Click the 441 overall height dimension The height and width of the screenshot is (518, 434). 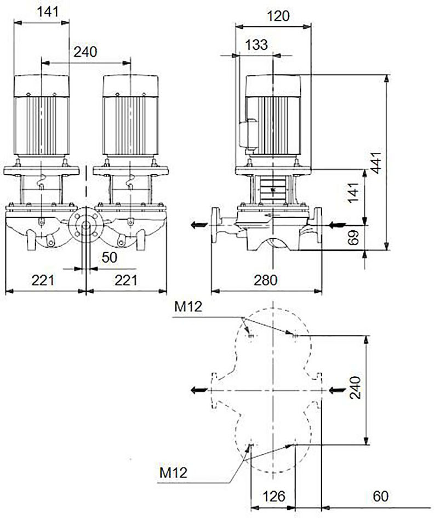click(x=376, y=163)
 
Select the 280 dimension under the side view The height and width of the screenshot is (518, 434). click(x=266, y=281)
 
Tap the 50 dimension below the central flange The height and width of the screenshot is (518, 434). click(x=110, y=258)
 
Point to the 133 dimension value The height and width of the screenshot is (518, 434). click(x=256, y=45)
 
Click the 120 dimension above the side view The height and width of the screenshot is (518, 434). click(x=278, y=16)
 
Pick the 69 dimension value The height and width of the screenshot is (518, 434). click(x=353, y=237)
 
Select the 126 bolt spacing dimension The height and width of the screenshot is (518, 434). click(x=274, y=496)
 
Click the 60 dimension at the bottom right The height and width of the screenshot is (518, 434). click(x=381, y=496)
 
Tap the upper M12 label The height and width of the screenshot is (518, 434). click(x=188, y=307)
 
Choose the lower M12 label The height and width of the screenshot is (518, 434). click(x=173, y=473)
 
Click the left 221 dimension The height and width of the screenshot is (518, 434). click(x=43, y=281)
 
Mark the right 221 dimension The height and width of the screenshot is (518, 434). click(x=126, y=281)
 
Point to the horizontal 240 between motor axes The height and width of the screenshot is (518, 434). click(x=85, y=52)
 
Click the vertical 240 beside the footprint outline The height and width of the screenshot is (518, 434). click(x=355, y=388)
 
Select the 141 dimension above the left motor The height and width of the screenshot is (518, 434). click(x=48, y=12)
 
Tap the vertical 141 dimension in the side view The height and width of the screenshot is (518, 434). click(x=353, y=192)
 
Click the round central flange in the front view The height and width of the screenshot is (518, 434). click(x=86, y=225)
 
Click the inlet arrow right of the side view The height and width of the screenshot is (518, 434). click(x=337, y=225)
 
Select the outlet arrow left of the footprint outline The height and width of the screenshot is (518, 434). click(x=199, y=390)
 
